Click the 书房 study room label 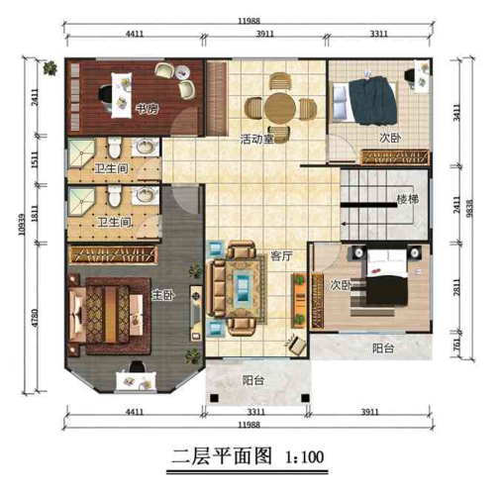point(148,108)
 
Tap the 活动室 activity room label point(256,139)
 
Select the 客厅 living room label point(281,255)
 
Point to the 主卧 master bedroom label point(163,295)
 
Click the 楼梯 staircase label point(408,199)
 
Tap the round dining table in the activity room point(280,108)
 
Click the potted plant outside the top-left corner point(50,68)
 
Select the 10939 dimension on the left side point(22,225)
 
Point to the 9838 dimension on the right point(470,208)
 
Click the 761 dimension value point(456,345)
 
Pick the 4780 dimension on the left point(35,319)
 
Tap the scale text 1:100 point(304,457)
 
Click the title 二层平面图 point(222,456)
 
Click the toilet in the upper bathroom point(115,148)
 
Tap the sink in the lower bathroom point(146,195)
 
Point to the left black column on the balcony point(215,398)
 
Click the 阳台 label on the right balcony point(383,348)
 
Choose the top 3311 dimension point(378,34)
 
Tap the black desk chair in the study point(106,96)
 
